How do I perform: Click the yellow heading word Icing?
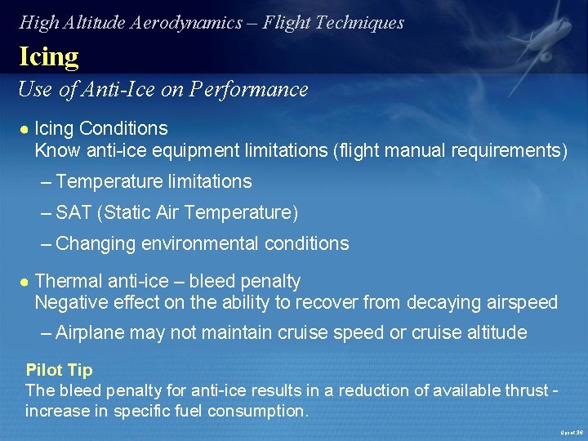coord(49,56)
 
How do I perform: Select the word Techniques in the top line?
coord(359,22)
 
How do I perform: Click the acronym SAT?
coord(73,213)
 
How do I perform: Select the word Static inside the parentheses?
coord(126,213)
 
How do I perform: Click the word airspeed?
coord(518,303)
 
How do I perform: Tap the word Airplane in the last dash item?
coord(91,333)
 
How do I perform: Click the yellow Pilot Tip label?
coord(59,370)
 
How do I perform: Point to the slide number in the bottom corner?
coord(571,432)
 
